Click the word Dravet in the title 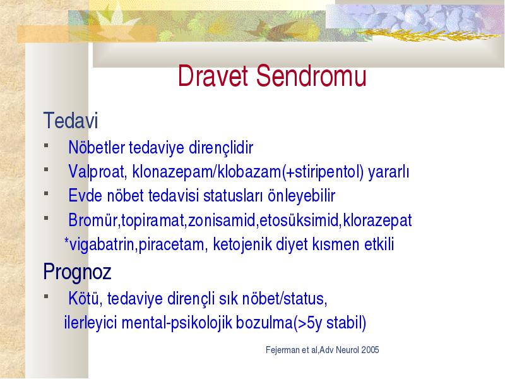tap(213, 75)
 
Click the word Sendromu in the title tap(311, 75)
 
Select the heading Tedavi tap(71, 120)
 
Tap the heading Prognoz tap(77, 272)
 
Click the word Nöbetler tap(97, 147)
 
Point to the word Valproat tap(97, 171)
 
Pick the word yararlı tap(389, 172)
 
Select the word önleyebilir tap(302, 196)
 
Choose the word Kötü tap(85, 298)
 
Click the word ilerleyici tap(90, 323)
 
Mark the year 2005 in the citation tap(370, 350)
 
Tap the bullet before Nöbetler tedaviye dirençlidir tap(46, 145)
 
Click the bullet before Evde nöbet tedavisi tap(46, 193)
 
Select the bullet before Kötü tap(46, 296)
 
